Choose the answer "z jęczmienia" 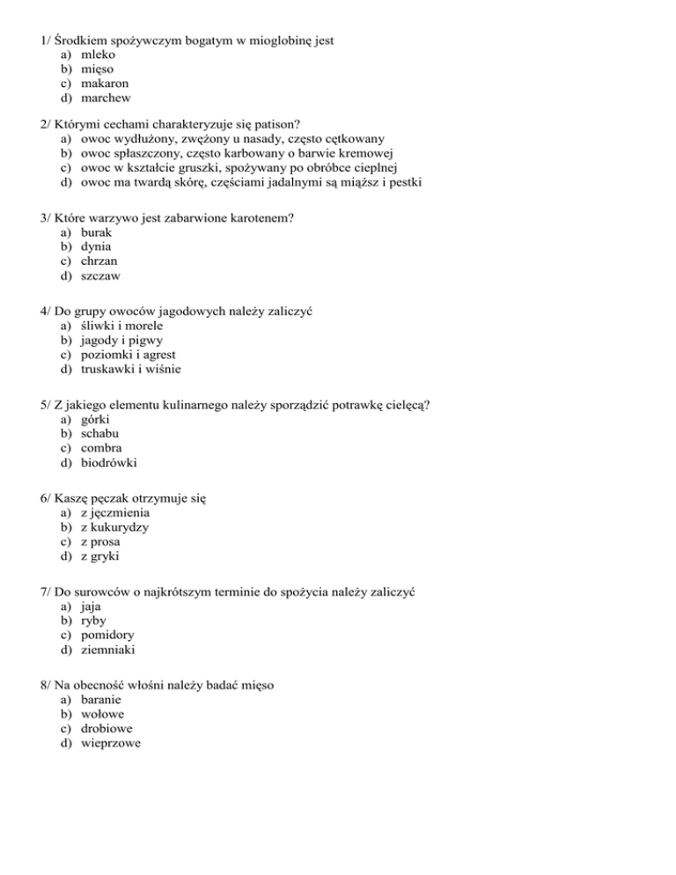[115, 511]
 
